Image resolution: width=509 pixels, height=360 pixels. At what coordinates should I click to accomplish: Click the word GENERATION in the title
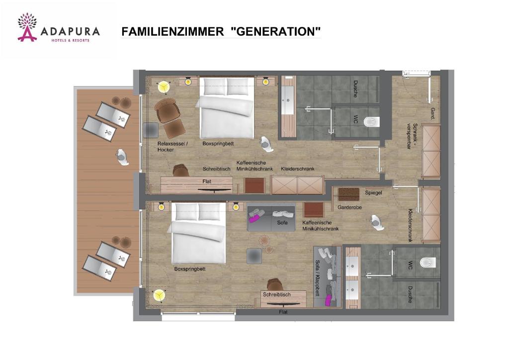(x=276, y=32)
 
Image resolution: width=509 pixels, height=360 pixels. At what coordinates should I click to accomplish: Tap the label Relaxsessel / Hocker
(x=172, y=146)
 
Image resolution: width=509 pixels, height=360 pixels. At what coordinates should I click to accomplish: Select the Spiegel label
(x=373, y=193)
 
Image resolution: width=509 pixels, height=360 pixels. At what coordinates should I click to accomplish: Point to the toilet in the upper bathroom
(x=371, y=121)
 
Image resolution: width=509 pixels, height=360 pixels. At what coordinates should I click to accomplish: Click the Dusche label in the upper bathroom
(x=355, y=89)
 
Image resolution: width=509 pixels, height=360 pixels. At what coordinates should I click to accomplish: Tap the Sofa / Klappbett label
(x=318, y=278)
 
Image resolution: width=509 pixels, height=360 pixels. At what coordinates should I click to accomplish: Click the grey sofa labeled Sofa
(x=271, y=218)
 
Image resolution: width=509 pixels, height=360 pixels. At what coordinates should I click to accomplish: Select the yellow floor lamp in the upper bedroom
(x=163, y=87)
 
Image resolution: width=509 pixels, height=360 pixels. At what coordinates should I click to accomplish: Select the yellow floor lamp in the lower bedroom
(x=159, y=295)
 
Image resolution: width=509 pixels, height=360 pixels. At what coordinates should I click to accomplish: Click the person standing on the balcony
(x=121, y=156)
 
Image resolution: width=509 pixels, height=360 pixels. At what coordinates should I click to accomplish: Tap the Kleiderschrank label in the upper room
(x=297, y=169)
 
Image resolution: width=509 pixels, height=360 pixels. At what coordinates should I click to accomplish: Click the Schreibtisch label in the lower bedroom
(x=276, y=294)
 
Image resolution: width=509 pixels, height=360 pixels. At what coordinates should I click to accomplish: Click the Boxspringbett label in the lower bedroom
(x=190, y=269)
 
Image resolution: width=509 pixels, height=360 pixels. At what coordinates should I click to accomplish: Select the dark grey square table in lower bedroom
(x=254, y=256)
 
